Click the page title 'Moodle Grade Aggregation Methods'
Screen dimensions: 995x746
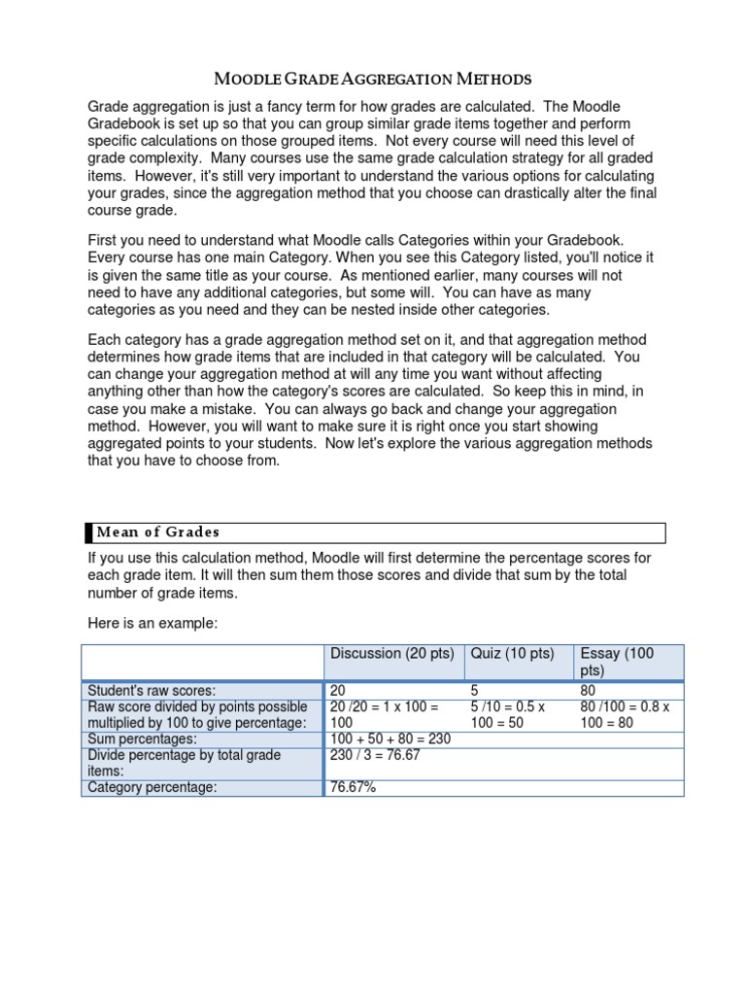(372, 78)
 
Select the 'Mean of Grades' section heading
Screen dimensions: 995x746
(157, 532)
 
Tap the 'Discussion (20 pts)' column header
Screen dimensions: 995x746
(391, 653)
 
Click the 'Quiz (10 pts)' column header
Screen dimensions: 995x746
(512, 653)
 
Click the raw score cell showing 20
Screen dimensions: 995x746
(339, 690)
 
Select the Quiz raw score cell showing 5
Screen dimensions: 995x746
(475, 690)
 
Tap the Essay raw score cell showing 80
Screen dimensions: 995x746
(588, 690)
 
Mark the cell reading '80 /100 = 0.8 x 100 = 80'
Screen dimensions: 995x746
(622, 714)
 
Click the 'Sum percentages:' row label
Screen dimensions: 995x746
(142, 739)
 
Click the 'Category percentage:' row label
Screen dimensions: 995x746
(152, 787)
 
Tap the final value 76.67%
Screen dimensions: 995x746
(353, 787)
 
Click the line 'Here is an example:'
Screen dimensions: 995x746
(153, 622)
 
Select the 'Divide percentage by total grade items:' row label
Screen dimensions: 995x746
(185, 763)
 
